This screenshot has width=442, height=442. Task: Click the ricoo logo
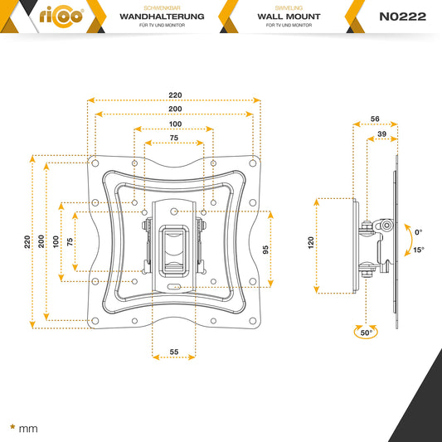[x=59, y=17]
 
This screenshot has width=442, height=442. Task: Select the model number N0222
[x=402, y=17]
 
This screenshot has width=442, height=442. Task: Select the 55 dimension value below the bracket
[x=174, y=352]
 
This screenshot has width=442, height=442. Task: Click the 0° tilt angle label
[x=419, y=232]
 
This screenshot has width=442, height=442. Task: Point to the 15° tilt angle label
[x=420, y=249]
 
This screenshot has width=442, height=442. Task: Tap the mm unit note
[x=28, y=430]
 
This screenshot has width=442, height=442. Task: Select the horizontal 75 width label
[x=174, y=138]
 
